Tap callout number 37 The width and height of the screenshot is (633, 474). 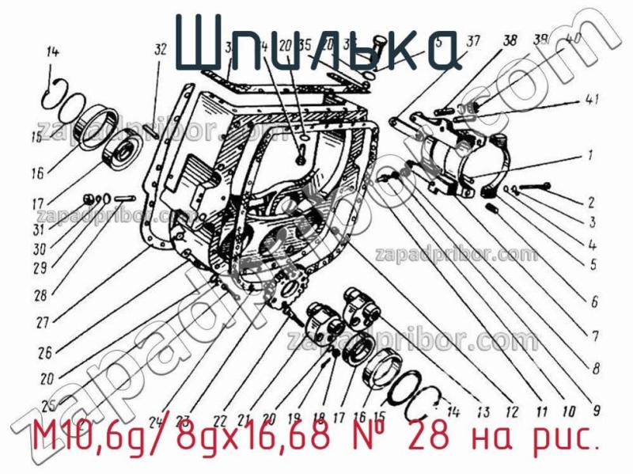click(x=472, y=42)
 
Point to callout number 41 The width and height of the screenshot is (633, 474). click(x=592, y=100)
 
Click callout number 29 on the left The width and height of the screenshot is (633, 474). click(x=39, y=268)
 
